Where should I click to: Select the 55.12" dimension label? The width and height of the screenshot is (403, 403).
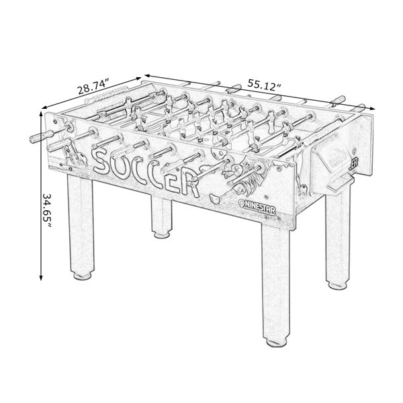click(x=264, y=85)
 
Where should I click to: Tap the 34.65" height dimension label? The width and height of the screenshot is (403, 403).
click(x=47, y=210)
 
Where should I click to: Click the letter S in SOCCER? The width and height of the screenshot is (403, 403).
click(x=103, y=161)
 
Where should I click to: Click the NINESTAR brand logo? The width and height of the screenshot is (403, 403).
click(x=257, y=207)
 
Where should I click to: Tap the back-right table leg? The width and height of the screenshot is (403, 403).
click(x=338, y=241)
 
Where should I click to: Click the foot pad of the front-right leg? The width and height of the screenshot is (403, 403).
click(x=277, y=343)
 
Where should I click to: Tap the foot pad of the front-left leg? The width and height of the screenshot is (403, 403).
click(x=82, y=276)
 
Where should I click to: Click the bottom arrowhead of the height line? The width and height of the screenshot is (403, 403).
click(x=40, y=277)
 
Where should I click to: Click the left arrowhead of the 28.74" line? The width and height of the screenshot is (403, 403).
click(x=45, y=107)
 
